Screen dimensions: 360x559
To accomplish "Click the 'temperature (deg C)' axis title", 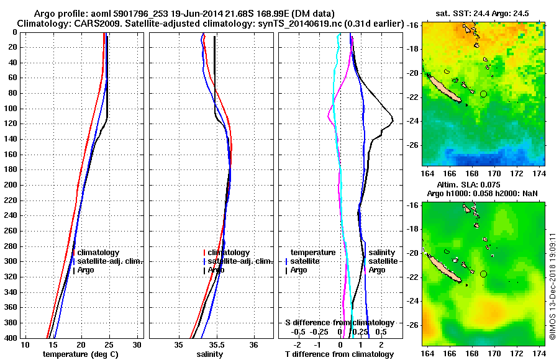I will [x=80, y=354].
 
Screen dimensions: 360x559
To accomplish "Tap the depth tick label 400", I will [x=12, y=338].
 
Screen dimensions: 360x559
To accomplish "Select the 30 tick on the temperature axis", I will [x=138, y=344].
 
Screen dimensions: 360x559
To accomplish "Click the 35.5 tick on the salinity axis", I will [x=216, y=344].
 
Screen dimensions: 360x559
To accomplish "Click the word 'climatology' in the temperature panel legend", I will [x=99, y=253].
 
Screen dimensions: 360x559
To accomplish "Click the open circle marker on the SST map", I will [x=483, y=94].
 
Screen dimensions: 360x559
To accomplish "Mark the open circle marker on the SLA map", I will [x=483, y=274].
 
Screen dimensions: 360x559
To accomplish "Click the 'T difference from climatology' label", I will [x=340, y=354].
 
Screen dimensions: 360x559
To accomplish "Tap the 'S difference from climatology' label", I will [x=339, y=323].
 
